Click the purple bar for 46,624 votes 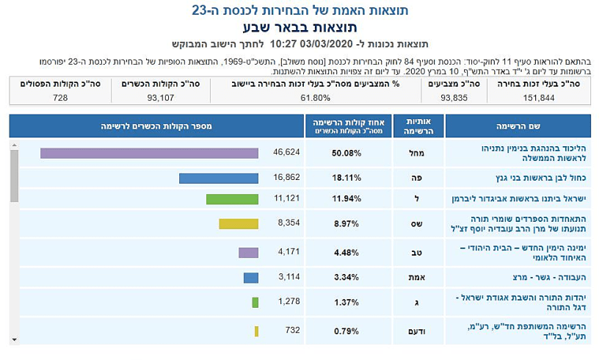click(x=149, y=153)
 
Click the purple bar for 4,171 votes click(x=248, y=253)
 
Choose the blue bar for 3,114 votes click(x=251, y=278)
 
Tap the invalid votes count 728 click(x=60, y=97)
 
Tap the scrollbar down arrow click(x=14, y=340)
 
